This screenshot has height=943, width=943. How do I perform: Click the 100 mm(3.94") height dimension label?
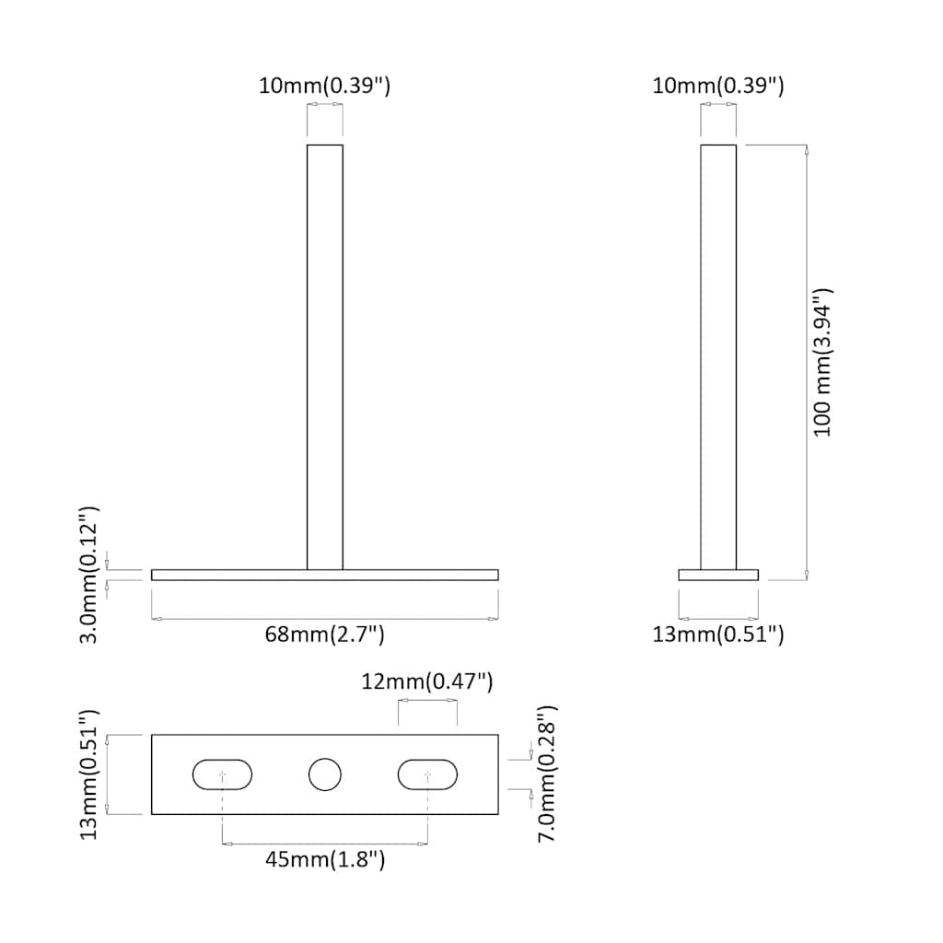(x=822, y=362)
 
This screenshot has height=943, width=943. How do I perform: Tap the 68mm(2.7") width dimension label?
(x=325, y=634)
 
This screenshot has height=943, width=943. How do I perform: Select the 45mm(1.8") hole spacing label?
(x=325, y=860)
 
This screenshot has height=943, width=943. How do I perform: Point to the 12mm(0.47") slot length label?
(x=427, y=681)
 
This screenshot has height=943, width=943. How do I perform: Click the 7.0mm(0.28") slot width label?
(x=547, y=774)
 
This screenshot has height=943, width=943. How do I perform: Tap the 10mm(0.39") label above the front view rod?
(x=325, y=87)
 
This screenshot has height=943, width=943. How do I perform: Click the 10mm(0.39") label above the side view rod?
(x=718, y=87)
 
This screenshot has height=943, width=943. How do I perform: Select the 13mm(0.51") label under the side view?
(x=718, y=634)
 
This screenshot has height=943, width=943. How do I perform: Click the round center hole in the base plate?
(x=324, y=774)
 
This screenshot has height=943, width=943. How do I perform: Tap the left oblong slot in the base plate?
(x=222, y=774)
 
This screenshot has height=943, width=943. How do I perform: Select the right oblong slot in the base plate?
(x=427, y=774)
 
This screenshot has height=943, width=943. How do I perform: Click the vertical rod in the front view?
(x=325, y=359)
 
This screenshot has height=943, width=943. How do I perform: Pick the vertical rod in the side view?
(x=718, y=359)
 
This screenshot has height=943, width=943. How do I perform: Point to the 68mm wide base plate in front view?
(x=230, y=575)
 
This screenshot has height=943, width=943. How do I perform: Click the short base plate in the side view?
(x=718, y=575)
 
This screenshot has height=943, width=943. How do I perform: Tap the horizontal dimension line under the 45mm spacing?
(x=325, y=843)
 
